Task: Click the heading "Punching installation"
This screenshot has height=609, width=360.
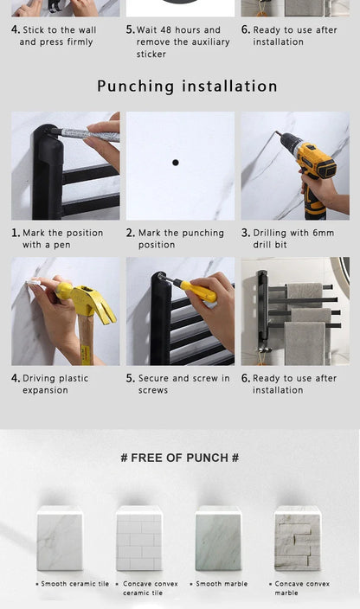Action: [x=187, y=87]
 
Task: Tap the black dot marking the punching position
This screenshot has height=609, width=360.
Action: [x=176, y=163]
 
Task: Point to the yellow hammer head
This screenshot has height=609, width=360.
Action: [x=87, y=301]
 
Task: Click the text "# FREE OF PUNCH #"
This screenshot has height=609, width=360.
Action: [x=180, y=458]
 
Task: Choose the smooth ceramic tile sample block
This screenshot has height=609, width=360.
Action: [x=60, y=539]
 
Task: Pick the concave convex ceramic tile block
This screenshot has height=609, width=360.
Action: [x=139, y=539]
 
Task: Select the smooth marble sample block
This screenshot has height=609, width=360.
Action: [x=218, y=539]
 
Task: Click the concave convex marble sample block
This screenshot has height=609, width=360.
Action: [x=298, y=539]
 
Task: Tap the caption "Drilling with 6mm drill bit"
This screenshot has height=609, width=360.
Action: [x=287, y=239]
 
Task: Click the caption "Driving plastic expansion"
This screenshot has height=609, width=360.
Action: [x=50, y=384]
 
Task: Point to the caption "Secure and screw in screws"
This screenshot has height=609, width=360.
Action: [x=178, y=384]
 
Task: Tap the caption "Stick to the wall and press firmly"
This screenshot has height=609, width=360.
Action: [x=54, y=35]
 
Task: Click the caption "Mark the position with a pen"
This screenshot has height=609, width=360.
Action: [x=57, y=239]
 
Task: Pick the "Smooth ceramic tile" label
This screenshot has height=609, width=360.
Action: [x=75, y=584]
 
